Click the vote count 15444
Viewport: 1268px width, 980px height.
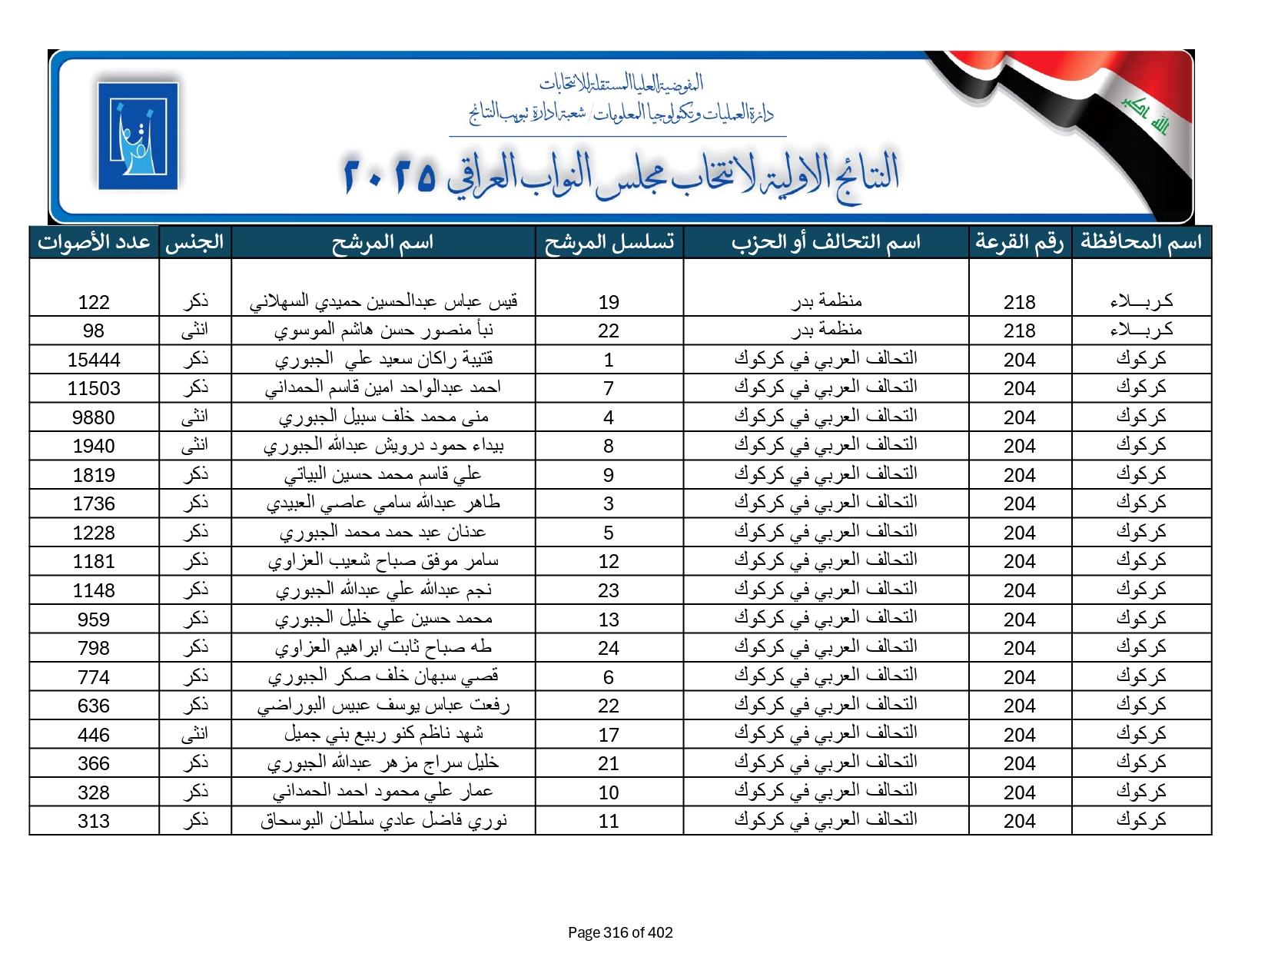(94, 360)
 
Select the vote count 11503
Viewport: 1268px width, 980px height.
(94, 388)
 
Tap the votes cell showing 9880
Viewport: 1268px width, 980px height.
(94, 417)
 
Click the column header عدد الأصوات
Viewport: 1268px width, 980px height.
(94, 242)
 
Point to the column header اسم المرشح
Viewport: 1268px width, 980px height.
(383, 242)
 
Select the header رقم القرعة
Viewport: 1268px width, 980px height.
(1019, 242)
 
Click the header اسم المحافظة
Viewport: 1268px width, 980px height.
(1141, 242)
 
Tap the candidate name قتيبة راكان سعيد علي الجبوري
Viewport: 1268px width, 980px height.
(383, 359)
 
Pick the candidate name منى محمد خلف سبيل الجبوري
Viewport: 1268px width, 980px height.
(383, 417)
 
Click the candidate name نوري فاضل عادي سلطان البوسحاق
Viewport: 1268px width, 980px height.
(383, 821)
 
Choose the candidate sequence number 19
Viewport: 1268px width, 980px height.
(609, 302)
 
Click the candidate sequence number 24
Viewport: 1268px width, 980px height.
(609, 648)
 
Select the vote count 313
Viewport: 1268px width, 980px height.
(94, 821)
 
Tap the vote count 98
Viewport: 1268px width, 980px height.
(94, 331)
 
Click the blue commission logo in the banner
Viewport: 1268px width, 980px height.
(138, 136)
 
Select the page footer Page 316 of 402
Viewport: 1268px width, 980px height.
(620, 932)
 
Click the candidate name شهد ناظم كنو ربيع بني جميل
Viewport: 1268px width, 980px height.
(383, 735)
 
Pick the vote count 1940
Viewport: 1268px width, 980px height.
(94, 446)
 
